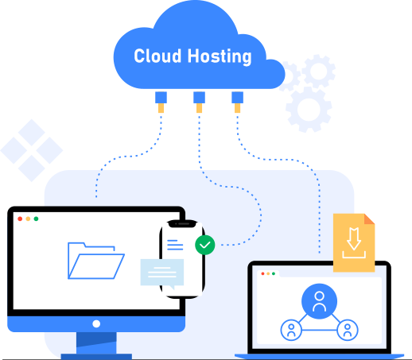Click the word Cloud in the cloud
(x=157, y=56)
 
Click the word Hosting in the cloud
(x=220, y=56)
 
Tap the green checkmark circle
(x=205, y=245)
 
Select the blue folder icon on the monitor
(x=96, y=261)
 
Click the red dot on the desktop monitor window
(x=20, y=219)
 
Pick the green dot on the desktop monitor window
(x=36, y=219)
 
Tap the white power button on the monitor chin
(x=96, y=323)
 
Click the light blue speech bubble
(x=162, y=273)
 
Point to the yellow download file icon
(x=354, y=242)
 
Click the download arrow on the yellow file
(x=354, y=238)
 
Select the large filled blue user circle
(x=319, y=301)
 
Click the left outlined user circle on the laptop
(x=291, y=330)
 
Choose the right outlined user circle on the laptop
(x=348, y=330)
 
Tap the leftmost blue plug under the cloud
(x=161, y=98)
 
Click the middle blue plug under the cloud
(x=199, y=98)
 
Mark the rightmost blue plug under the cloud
(x=237, y=98)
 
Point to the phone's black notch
(x=183, y=224)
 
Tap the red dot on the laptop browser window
(x=262, y=273)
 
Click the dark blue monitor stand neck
(x=96, y=343)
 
